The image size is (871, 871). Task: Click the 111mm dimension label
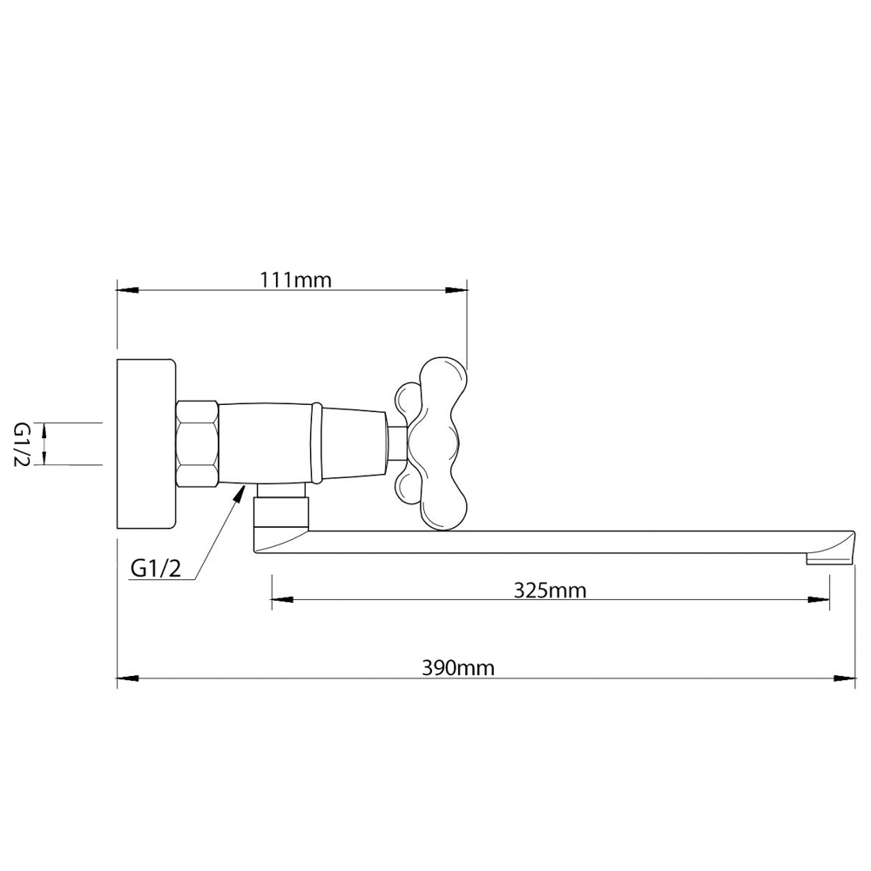[x=295, y=280]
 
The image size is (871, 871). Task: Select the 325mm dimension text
[x=550, y=590]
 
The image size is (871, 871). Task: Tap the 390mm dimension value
[x=458, y=667]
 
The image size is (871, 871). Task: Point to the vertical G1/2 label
[x=21, y=444]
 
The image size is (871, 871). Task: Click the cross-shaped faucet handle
[x=431, y=442]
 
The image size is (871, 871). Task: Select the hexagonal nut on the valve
[x=197, y=444]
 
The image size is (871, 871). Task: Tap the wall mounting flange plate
[x=146, y=443]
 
